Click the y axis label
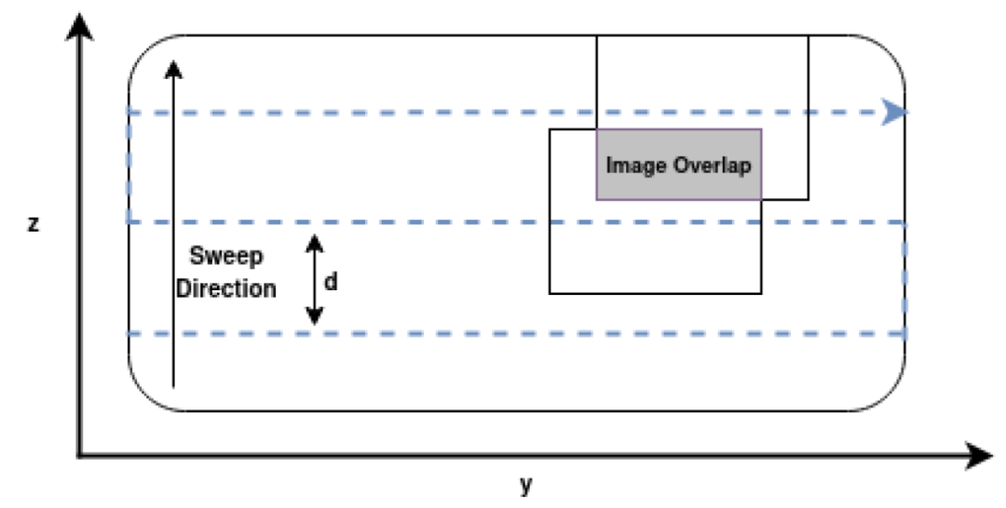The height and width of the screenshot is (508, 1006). pos(526,484)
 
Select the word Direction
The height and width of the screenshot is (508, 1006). pos(226,288)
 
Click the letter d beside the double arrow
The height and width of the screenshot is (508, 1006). pos(331,280)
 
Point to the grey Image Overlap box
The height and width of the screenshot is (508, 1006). pos(678,165)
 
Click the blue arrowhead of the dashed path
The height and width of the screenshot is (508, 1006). pos(895,113)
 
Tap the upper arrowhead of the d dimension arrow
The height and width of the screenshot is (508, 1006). pos(315,243)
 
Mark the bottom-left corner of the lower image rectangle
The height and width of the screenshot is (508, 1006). pos(550,293)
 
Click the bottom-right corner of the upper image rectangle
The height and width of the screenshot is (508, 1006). pos(808,199)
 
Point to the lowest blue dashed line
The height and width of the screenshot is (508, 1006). pos(512,333)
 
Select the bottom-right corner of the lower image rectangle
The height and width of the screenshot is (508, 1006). pos(761,293)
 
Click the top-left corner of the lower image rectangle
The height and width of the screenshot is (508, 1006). pos(550,129)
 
